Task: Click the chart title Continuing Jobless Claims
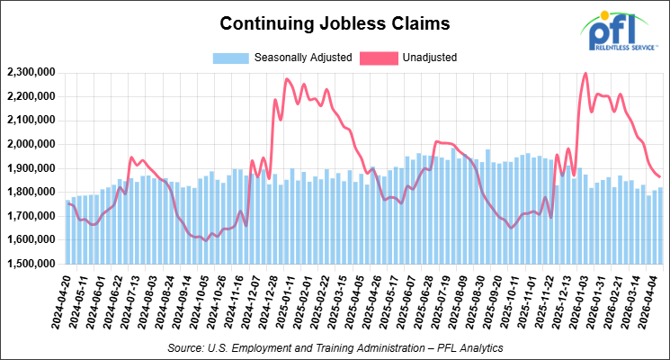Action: point(335,22)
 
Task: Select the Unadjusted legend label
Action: point(431,58)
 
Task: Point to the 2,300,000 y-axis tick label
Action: point(32,72)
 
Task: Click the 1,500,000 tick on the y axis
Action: point(32,264)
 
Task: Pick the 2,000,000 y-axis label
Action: point(32,144)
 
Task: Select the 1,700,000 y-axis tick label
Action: point(32,216)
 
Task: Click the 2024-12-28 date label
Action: point(267,301)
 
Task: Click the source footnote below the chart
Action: point(335,346)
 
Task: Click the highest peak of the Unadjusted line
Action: point(585,74)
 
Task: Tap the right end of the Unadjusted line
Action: point(659,176)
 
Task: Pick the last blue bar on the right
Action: point(659,225)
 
